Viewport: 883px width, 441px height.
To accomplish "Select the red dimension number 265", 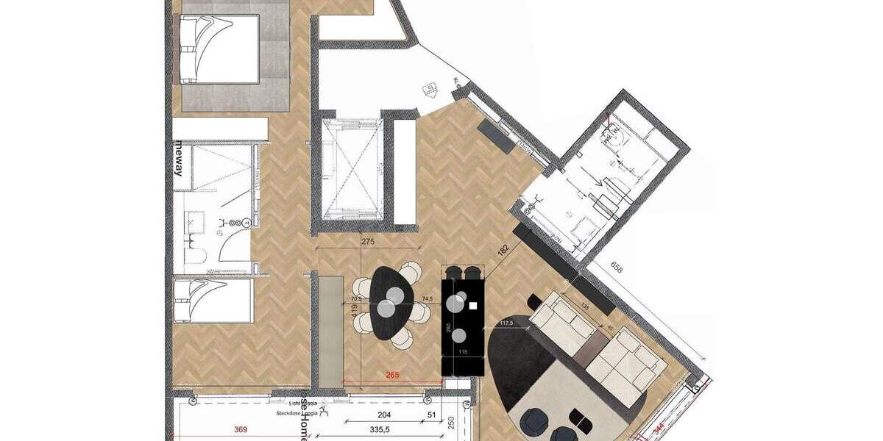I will pos(393,374).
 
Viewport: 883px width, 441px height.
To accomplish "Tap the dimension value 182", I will pos(503,249).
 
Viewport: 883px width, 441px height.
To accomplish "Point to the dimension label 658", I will pos(617,270).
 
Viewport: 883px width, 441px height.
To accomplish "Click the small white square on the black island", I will pos(473,305).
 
